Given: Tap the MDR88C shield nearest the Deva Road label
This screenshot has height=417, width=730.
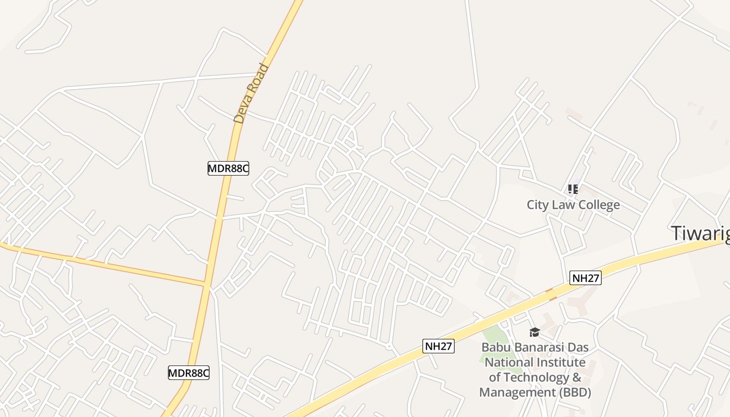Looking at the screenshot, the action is pos(228,168).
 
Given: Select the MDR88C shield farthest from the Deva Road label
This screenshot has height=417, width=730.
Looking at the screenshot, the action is pos(188,373).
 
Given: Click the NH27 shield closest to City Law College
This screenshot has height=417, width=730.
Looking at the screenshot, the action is pos(586,278).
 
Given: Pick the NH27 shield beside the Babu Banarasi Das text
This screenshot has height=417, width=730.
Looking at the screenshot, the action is pos(439,346).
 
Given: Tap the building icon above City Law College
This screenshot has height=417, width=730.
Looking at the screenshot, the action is pos(573,189).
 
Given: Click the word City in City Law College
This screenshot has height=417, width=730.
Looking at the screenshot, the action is pos(538,204).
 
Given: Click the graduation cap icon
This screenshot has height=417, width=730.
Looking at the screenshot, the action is pos(534,332).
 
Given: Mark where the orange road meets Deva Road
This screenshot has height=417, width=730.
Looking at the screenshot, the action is pos(207,285).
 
